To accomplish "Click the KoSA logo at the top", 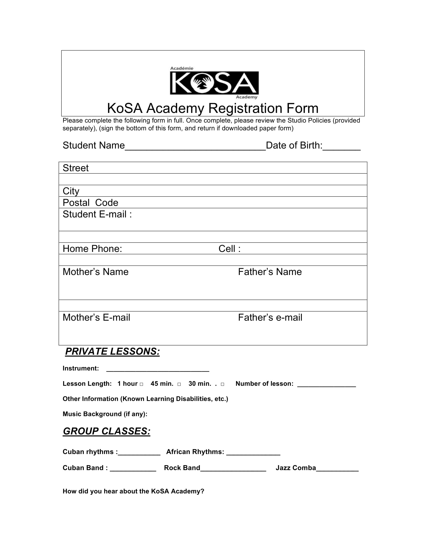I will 214,83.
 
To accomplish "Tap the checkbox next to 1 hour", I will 142,384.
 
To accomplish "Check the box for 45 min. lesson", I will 179,384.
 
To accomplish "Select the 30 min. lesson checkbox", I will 222,384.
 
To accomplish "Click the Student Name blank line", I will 195,148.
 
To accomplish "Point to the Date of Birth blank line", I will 342,148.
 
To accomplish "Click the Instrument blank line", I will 158,370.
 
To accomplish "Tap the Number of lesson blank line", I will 327,385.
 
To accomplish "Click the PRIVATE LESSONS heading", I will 112,352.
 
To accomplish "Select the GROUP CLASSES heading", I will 107,431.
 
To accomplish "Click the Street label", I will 75,168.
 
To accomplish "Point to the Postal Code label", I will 90,203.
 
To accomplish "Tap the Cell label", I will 229,249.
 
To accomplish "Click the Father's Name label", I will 270,272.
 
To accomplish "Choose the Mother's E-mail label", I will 96,317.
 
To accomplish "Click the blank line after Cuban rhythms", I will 139,453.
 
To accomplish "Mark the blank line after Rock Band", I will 233,469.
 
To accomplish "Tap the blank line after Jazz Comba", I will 337,469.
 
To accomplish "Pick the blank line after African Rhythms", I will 253,453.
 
